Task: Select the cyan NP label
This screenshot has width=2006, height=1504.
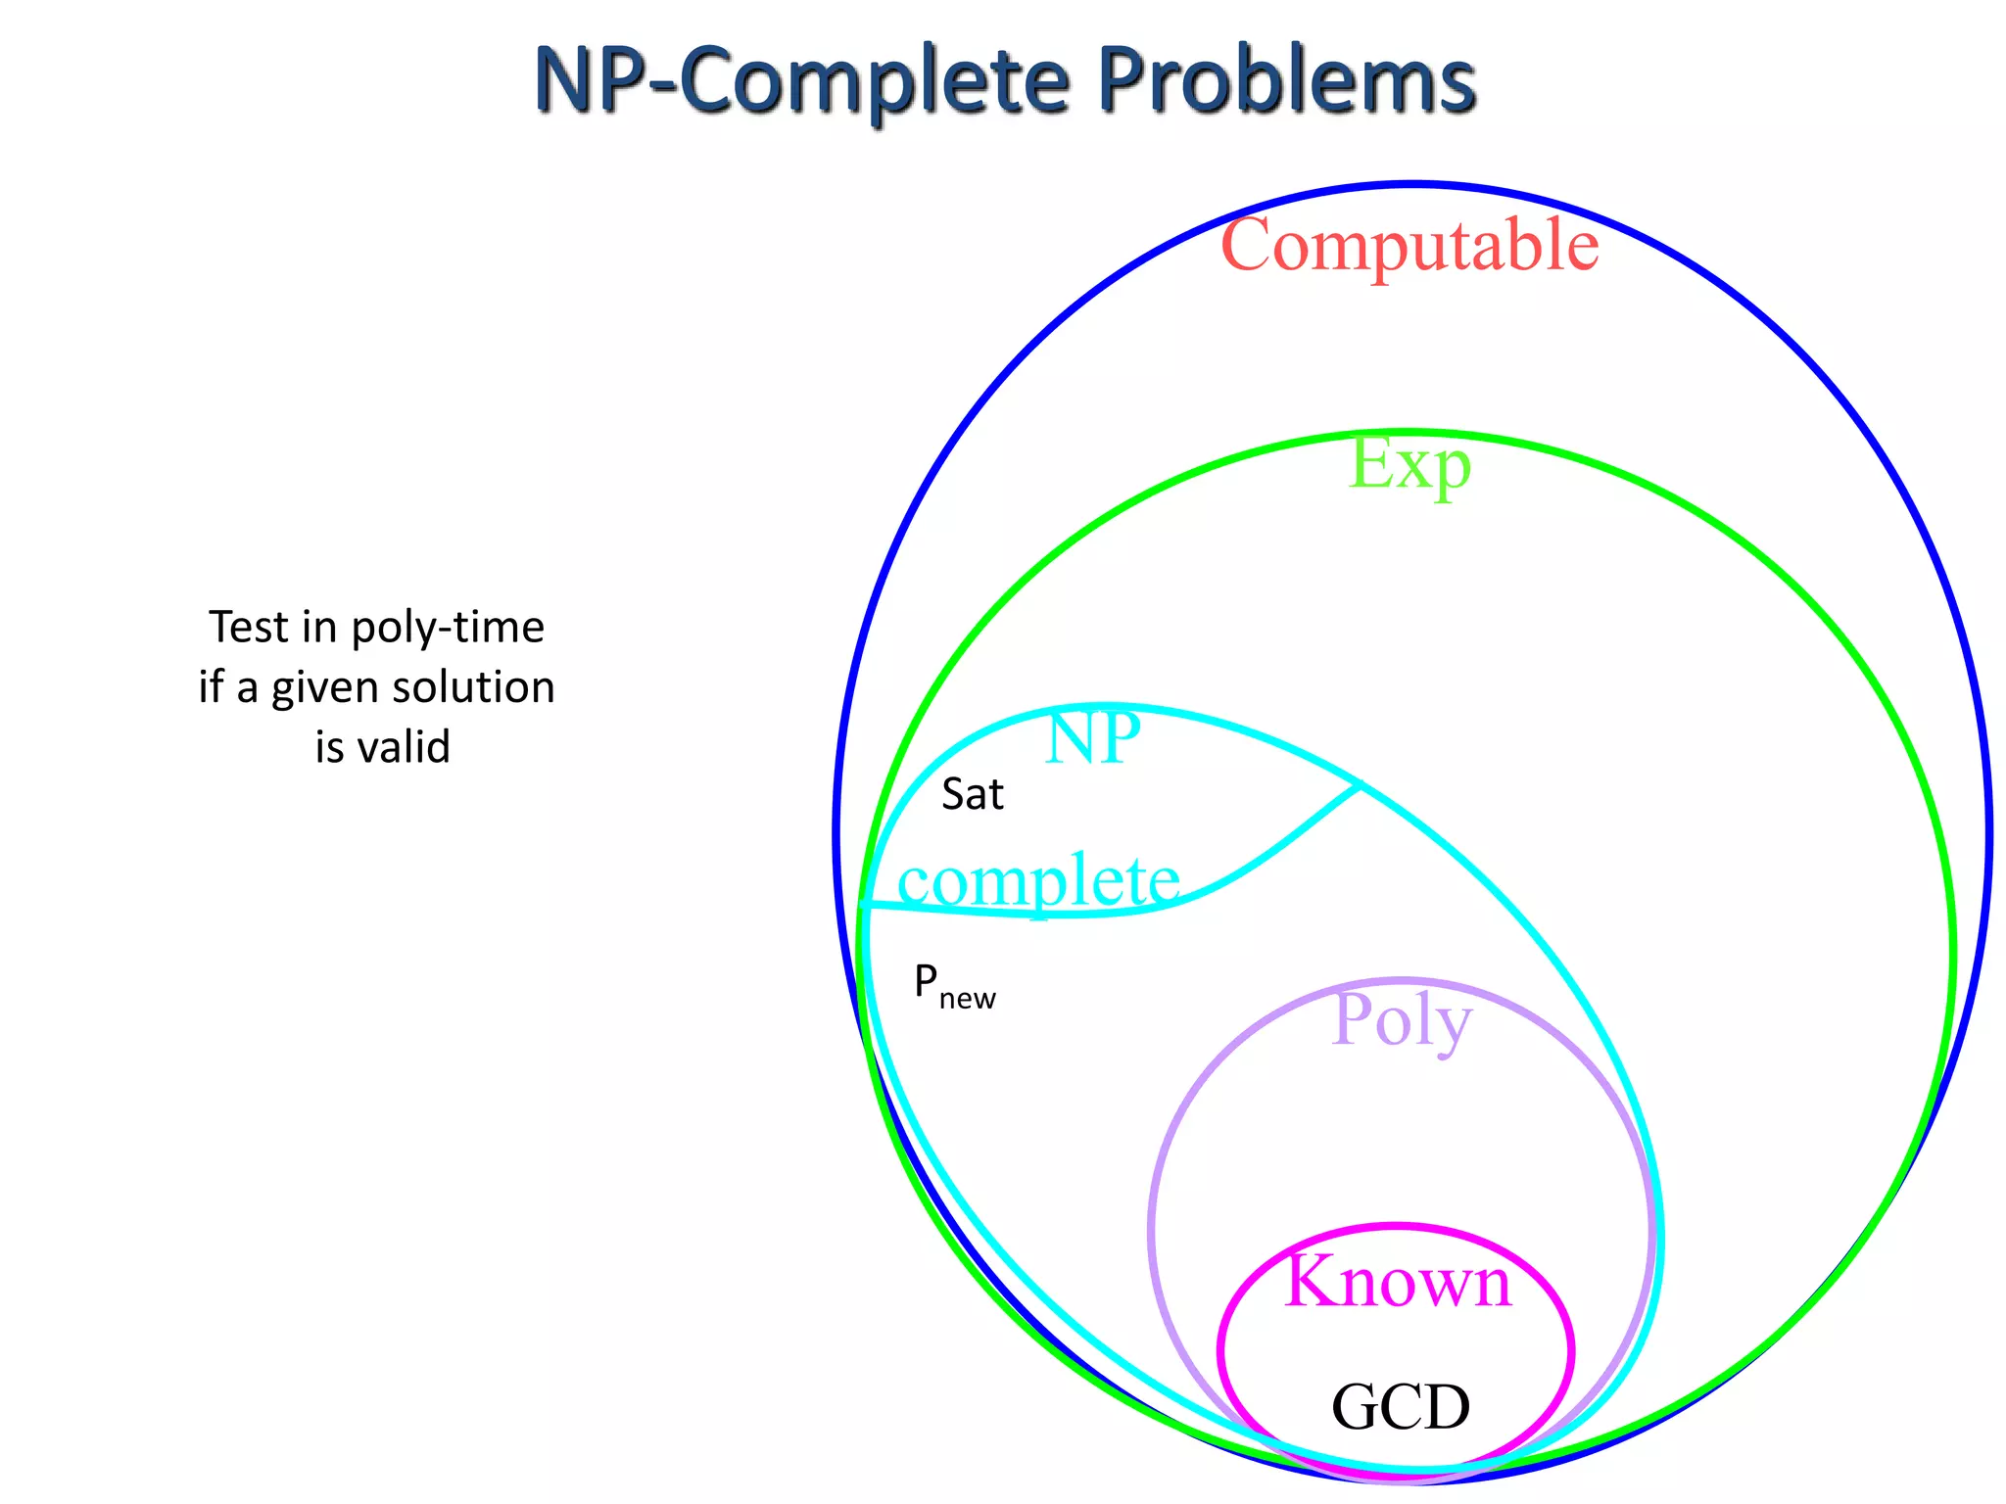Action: point(1092,739)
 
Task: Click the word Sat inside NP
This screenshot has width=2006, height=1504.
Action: point(972,794)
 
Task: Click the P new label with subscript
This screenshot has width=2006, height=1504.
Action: point(953,985)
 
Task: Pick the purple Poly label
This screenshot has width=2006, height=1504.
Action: point(1402,1021)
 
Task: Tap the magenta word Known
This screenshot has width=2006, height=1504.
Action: point(1398,1282)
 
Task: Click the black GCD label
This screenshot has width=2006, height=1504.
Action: point(1401,1408)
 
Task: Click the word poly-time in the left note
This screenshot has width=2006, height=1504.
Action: point(448,628)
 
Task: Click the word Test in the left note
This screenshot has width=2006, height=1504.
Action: point(249,628)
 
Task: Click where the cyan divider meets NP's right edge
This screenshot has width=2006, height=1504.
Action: point(1359,785)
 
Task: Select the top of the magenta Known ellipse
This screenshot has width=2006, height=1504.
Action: point(1396,1225)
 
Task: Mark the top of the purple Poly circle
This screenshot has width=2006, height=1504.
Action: point(1401,979)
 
